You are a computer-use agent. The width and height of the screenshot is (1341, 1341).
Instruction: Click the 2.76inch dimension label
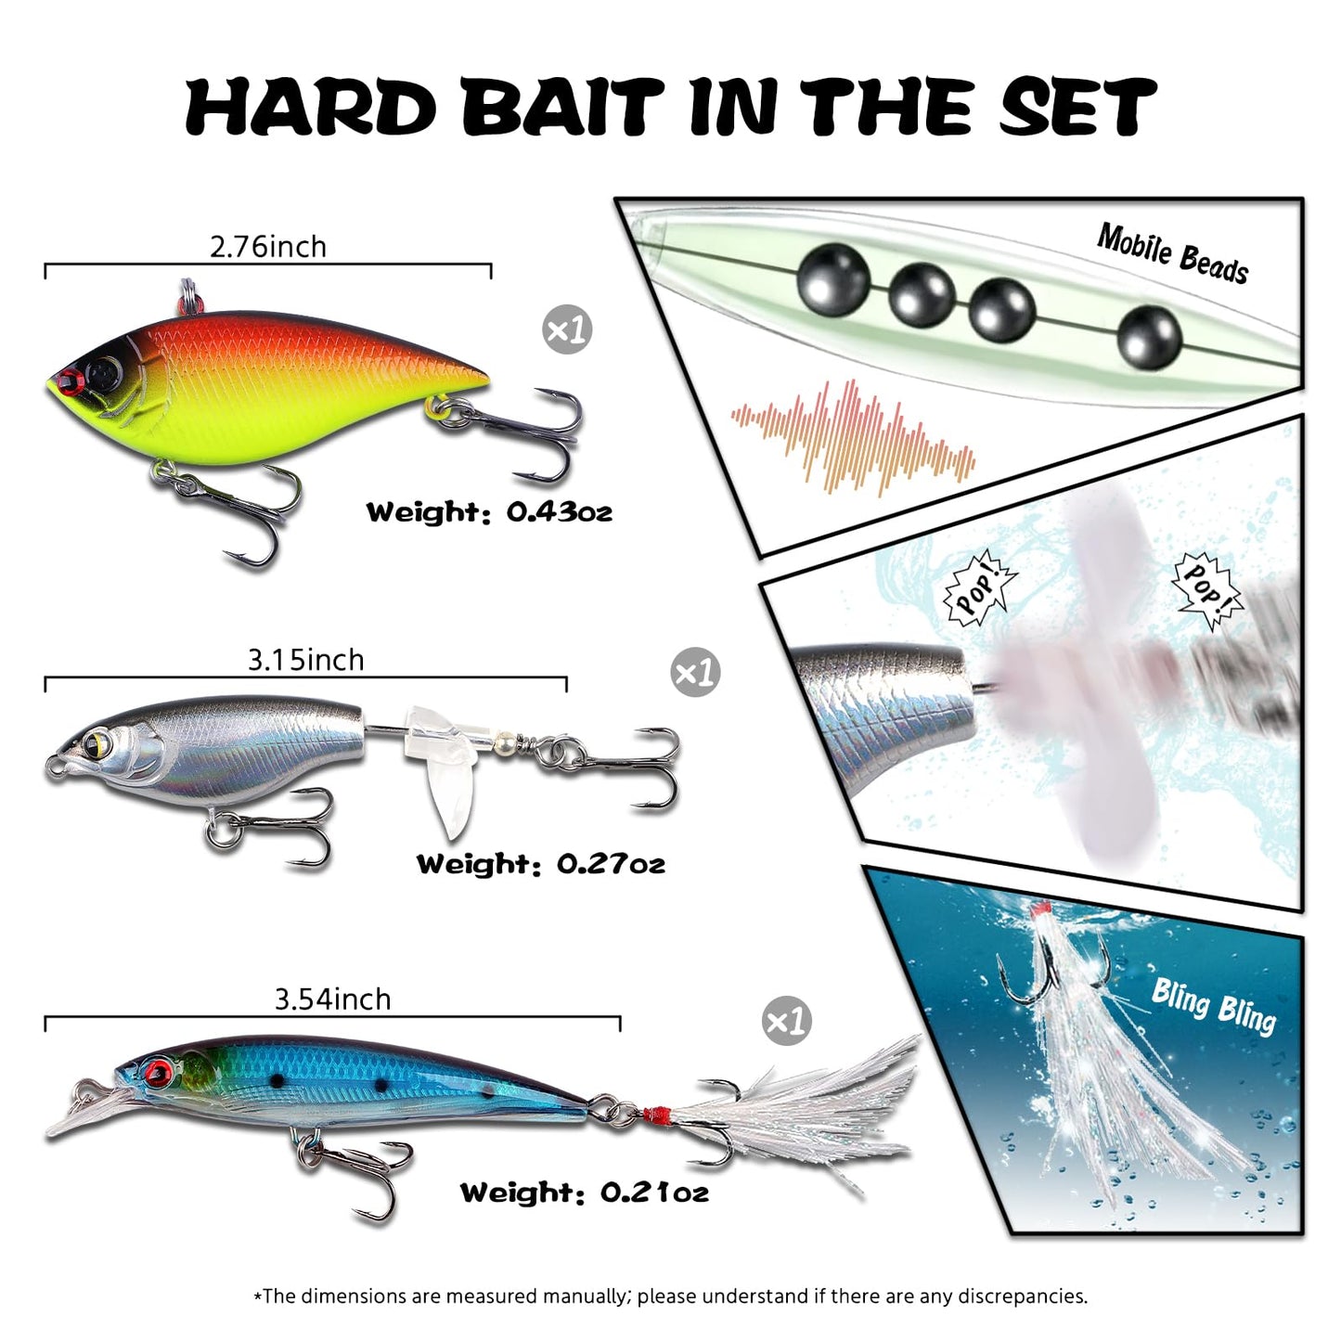pos(268,247)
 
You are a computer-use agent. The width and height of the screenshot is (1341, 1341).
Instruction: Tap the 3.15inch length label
pos(306,660)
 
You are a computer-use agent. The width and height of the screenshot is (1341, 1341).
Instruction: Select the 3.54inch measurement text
pos(332,999)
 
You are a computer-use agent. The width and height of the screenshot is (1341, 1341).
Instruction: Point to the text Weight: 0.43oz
pos(489,512)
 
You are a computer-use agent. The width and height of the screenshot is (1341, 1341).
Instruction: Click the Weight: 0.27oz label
pos(541,864)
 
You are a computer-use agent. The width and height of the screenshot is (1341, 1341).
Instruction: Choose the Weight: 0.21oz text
pos(585,1193)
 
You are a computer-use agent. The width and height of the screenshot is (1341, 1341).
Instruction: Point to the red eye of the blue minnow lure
pos(160,1069)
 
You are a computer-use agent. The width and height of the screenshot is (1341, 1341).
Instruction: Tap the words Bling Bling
pos(1215,1007)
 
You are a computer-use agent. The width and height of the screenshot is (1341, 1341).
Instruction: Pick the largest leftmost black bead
pos(834,281)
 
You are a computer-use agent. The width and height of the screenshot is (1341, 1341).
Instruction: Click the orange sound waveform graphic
pos(853,438)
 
